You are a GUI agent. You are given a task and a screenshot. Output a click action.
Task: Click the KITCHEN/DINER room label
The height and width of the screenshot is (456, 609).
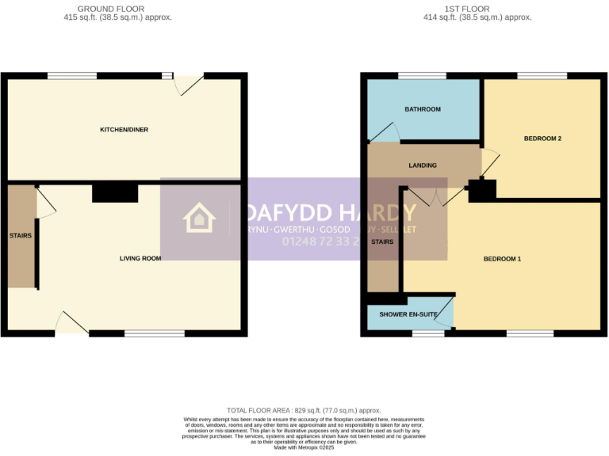(124, 129)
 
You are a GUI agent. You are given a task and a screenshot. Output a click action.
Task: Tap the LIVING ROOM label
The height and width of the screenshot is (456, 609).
(140, 258)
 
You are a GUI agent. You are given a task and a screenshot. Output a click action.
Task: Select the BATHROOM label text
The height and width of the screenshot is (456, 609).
(422, 109)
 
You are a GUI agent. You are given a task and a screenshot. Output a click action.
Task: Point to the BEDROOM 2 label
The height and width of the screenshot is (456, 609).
(542, 139)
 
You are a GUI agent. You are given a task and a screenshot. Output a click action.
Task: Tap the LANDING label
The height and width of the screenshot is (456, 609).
(423, 165)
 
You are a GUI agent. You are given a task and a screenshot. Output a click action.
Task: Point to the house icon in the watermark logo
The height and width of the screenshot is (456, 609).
(198, 218)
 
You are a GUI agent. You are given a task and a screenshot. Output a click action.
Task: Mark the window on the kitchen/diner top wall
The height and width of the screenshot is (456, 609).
(72, 76)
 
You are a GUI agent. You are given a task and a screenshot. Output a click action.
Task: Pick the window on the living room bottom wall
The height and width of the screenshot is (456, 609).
(155, 333)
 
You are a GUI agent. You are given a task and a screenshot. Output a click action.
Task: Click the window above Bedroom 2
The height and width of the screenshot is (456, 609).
(542, 76)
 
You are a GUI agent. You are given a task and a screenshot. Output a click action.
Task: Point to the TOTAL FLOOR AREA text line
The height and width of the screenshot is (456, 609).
(304, 410)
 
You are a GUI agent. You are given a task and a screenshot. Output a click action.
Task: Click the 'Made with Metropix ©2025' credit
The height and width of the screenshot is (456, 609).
(304, 447)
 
